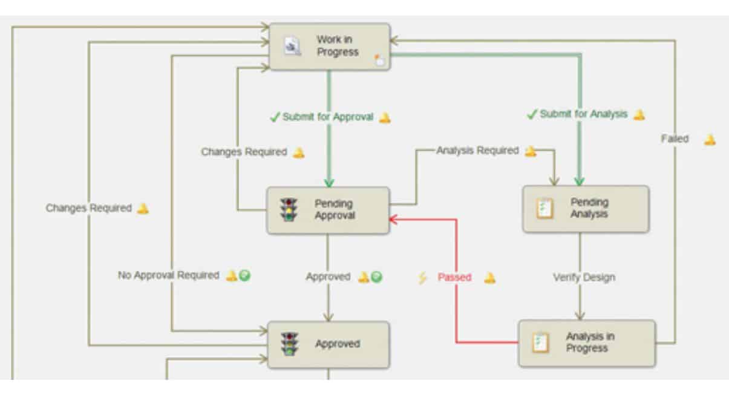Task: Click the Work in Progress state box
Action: [x=330, y=47]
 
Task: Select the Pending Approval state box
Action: [x=328, y=210]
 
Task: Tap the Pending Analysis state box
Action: [x=585, y=209]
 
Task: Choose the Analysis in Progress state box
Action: [x=586, y=343]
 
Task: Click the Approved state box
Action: [x=329, y=344]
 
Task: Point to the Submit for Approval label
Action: [x=328, y=117]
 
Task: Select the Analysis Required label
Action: [x=477, y=150]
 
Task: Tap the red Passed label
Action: [x=454, y=278]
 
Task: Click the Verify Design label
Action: [x=584, y=278]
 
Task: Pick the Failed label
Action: [x=675, y=139]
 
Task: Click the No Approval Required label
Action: [x=168, y=276]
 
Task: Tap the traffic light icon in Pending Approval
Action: [x=289, y=209]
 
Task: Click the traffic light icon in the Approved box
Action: [x=290, y=344]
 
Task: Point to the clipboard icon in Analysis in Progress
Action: [x=540, y=343]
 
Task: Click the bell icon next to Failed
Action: [x=710, y=140]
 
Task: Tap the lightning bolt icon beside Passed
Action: [x=423, y=278]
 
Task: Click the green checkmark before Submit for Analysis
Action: [x=532, y=114]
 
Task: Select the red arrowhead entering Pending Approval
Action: [x=393, y=219]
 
